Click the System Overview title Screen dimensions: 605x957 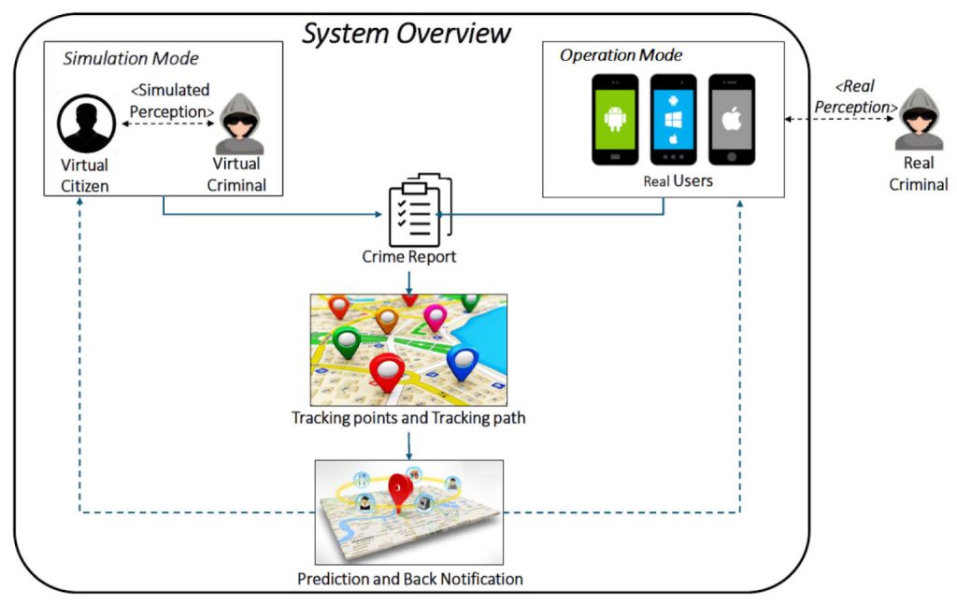pyautogui.click(x=407, y=33)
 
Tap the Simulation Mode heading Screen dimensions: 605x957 pyautogui.click(x=131, y=59)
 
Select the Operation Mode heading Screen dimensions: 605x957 pyautogui.click(x=621, y=55)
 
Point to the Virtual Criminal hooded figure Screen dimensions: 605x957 pyautogui.click(x=238, y=123)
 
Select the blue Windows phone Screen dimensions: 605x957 pyautogui.click(x=673, y=120)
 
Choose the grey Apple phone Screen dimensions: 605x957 pyautogui.click(x=731, y=120)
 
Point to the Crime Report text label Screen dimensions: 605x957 pyautogui.click(x=408, y=256)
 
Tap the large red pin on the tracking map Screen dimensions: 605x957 pyautogui.click(x=387, y=371)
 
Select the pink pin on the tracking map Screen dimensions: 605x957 pyautogui.click(x=435, y=318)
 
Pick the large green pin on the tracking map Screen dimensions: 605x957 pyautogui.click(x=347, y=343)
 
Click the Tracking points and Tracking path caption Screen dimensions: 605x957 pyautogui.click(x=408, y=418)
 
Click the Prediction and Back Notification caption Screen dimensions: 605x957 pyautogui.click(x=409, y=579)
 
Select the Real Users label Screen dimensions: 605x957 pyautogui.click(x=678, y=180)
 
